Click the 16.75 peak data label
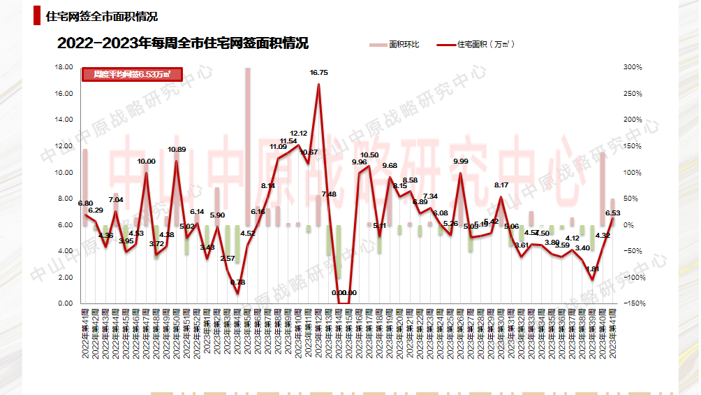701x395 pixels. pyautogui.click(x=319, y=72)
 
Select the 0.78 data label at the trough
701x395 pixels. pyautogui.click(x=238, y=282)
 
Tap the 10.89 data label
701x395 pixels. pyautogui.click(x=177, y=150)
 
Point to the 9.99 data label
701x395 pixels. pyautogui.click(x=461, y=161)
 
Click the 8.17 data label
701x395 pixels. pyautogui.click(x=501, y=185)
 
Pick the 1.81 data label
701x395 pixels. pyautogui.click(x=593, y=268)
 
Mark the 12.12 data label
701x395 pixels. pyautogui.click(x=299, y=133)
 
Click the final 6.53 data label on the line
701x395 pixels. pyautogui.click(x=612, y=213)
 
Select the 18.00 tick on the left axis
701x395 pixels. pyautogui.click(x=64, y=67)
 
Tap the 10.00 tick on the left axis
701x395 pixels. pyautogui.click(x=64, y=173)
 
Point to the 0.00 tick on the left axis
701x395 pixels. pyautogui.click(x=66, y=303)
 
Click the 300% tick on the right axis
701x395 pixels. pyautogui.click(x=633, y=67)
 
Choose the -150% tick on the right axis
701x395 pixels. pyautogui.click(x=633, y=303)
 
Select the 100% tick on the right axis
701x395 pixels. pyautogui.click(x=633, y=173)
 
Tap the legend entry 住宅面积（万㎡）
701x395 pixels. pyautogui.click(x=478, y=45)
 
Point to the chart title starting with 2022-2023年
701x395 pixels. pyautogui.click(x=183, y=43)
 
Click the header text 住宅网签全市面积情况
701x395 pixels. pyautogui.click(x=101, y=16)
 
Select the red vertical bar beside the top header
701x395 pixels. pyautogui.click(x=36, y=16)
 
